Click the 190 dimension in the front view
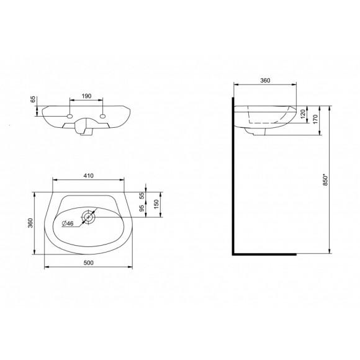87,97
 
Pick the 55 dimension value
143,195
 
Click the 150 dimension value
157,203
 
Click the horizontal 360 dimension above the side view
264,81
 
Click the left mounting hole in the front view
70,116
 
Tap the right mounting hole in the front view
104,116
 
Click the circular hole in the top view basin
89,217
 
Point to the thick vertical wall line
233,180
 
